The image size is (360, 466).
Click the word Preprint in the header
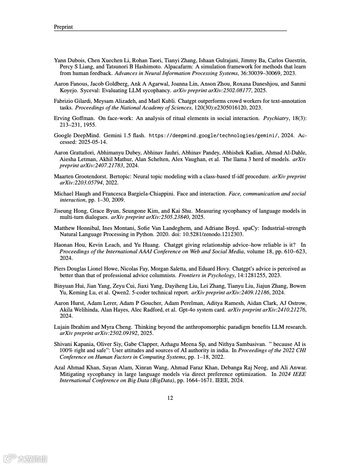pyautogui.click(x=63, y=27)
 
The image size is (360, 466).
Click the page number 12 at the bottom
pyautogui.click(x=170, y=398)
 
